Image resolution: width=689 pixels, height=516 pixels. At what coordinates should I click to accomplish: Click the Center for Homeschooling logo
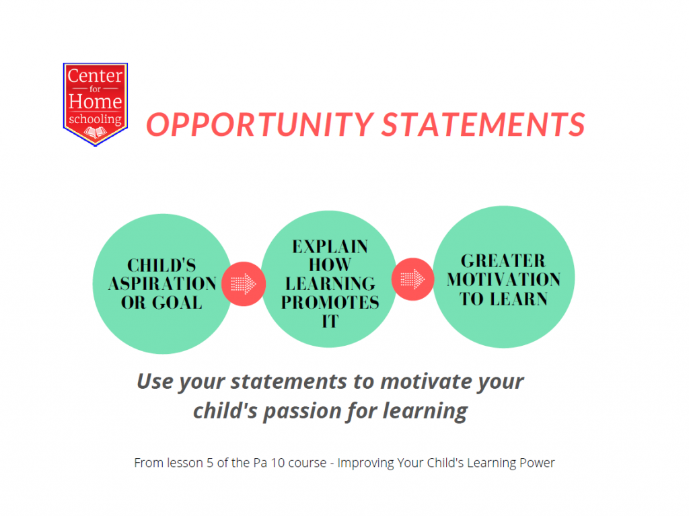pos(96,104)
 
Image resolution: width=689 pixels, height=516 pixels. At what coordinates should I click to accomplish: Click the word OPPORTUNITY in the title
pos(260,124)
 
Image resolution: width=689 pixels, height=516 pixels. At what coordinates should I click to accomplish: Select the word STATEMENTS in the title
pos(483,124)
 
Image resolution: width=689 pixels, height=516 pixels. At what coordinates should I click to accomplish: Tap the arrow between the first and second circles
pos(244,283)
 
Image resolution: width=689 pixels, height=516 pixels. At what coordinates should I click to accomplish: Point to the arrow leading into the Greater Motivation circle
pos(412,279)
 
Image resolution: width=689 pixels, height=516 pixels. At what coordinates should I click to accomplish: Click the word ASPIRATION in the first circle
pos(162,284)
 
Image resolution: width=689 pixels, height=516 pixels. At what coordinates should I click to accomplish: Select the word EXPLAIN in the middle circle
pos(330,247)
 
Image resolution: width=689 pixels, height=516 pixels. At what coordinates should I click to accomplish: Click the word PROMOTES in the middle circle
pos(330,302)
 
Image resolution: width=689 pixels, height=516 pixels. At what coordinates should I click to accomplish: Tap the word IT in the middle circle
pos(330,322)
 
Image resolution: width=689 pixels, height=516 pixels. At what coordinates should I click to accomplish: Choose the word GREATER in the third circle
pos(503,260)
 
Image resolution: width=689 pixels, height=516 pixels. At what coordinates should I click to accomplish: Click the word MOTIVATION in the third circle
pos(503,280)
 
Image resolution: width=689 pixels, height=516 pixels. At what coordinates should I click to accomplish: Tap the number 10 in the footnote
pos(278,463)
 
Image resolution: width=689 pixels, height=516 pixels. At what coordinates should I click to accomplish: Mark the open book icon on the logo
pos(96,132)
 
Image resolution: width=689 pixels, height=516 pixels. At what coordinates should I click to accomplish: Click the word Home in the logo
pos(96,102)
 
